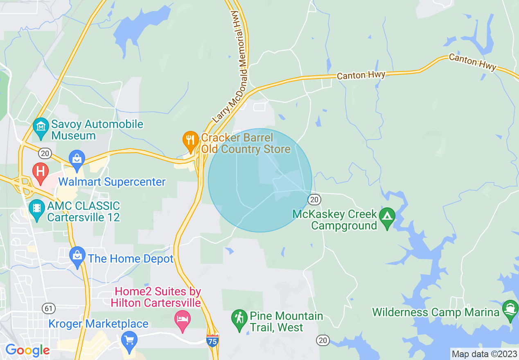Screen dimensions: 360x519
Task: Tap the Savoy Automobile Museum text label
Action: click(x=97, y=130)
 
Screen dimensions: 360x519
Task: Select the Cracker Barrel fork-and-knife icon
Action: click(x=190, y=139)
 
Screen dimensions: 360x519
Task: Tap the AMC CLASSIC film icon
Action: click(x=37, y=208)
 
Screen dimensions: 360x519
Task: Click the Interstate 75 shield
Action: click(x=212, y=340)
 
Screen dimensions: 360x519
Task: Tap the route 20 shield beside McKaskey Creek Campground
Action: click(x=314, y=199)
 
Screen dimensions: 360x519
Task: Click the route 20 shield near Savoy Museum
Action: click(x=45, y=153)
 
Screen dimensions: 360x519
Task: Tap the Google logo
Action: click(x=27, y=350)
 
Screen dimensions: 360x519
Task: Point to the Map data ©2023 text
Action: click(x=484, y=354)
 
